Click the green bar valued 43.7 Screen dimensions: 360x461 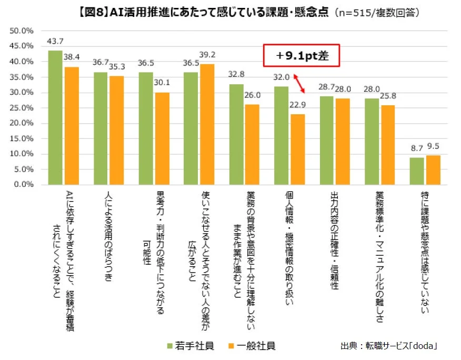coord(55,117)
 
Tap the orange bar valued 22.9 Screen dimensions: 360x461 coord(297,149)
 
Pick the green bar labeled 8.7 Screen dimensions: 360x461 coord(416,171)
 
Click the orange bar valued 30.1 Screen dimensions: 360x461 coord(162,138)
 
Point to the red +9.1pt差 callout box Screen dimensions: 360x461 coord(302,56)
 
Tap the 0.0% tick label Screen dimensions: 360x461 coord(24,185)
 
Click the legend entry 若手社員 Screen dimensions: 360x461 coord(190,346)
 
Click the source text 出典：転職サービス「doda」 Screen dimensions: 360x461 coord(389,346)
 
